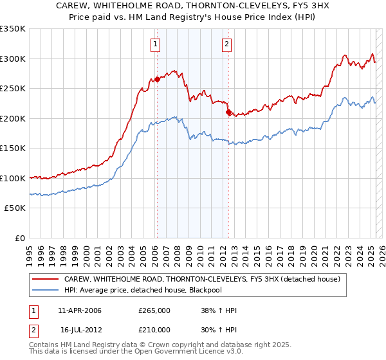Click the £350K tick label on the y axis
pyautogui.click(x=12, y=29)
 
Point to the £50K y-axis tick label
pyautogui.click(x=14, y=208)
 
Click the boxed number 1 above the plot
pyautogui.click(x=156, y=44)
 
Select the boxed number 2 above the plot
pyautogui.click(x=227, y=44)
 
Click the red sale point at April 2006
pyautogui.click(x=157, y=80)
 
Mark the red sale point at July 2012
pyautogui.click(x=228, y=113)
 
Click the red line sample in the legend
pyautogui.click(x=46, y=279)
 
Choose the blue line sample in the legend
pyautogui.click(x=46, y=290)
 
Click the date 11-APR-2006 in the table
pyautogui.click(x=80, y=310)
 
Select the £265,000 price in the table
pyautogui.click(x=154, y=310)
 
